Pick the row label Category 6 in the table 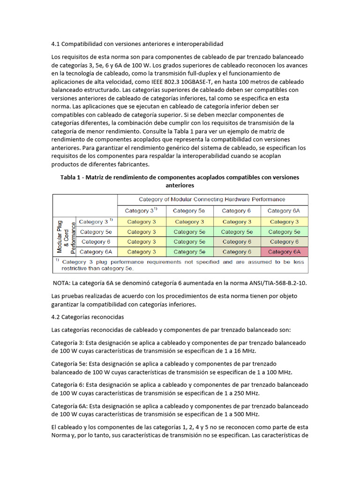pos(96,242)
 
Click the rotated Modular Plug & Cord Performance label pos(63,237)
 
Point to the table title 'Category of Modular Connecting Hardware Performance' pos(212,199)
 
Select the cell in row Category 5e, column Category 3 pos(139,232)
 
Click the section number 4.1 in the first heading pos(56,44)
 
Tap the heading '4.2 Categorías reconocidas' pos(88,317)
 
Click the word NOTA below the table pos(64,284)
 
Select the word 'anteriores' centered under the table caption pos(180,186)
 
